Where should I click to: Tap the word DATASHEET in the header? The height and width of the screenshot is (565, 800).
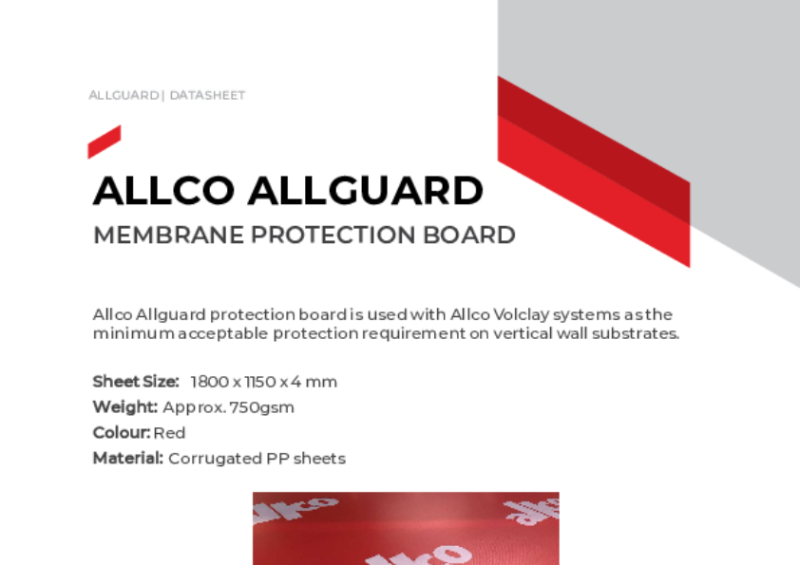207,96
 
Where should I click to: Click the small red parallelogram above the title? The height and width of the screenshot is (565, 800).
104,141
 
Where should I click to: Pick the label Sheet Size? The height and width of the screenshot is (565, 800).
136,382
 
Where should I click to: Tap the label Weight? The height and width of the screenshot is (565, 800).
124,407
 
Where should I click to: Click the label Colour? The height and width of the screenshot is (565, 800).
122,433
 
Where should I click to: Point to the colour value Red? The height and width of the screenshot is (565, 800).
169,433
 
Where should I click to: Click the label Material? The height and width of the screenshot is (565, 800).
128,459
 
